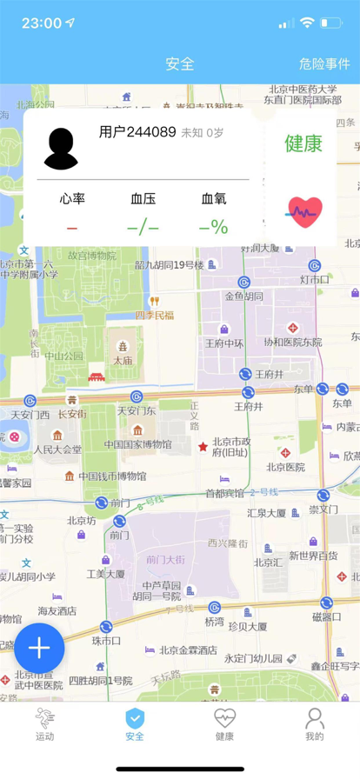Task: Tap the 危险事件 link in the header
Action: [323, 63]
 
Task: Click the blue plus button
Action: [39, 648]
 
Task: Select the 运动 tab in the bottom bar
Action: [44, 724]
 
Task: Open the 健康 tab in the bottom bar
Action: [224, 724]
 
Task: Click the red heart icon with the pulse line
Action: [304, 211]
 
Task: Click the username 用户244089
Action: [137, 132]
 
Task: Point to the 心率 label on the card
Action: [72, 199]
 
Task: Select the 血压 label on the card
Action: [143, 199]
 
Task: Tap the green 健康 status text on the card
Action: [303, 143]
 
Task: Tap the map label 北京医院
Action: [285, 467]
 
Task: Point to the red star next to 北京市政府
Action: [203, 447]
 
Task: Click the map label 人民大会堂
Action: [57, 449]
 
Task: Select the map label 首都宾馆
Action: [224, 493]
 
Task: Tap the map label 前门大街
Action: [163, 559]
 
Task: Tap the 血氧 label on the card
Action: [214, 199]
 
